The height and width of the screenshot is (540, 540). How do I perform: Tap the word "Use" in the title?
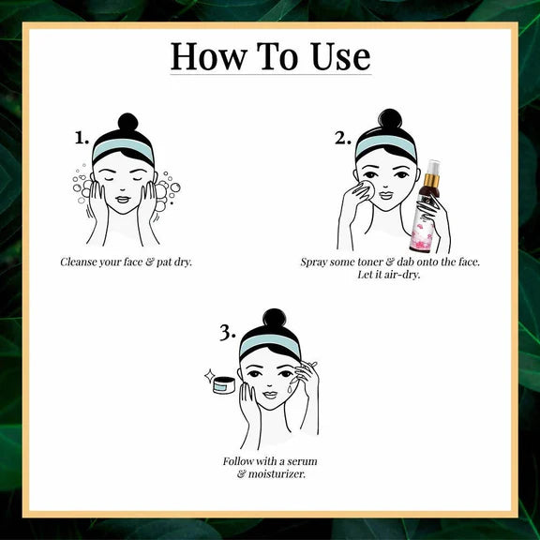[x=341, y=56]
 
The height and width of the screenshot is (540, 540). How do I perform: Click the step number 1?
[x=82, y=138]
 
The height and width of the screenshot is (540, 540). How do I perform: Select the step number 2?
[x=343, y=139]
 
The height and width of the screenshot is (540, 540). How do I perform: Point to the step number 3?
[x=228, y=333]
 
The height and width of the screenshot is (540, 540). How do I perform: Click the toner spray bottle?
[x=425, y=206]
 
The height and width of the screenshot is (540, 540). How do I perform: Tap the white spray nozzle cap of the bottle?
[x=432, y=168]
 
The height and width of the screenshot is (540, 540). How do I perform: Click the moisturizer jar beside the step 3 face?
[x=224, y=384]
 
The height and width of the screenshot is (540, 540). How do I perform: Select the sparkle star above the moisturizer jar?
[x=209, y=376]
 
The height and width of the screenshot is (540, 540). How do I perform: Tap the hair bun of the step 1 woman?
[x=127, y=122]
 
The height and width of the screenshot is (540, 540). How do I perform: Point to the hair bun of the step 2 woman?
[x=390, y=118]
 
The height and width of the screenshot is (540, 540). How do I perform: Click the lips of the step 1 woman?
[x=123, y=200]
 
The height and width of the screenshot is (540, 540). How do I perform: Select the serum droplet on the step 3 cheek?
[x=290, y=389]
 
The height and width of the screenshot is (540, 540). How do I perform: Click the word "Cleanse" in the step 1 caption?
[x=78, y=262]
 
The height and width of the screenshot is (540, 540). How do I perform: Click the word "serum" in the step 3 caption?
[x=302, y=461]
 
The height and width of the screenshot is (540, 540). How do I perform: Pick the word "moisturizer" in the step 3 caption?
[x=277, y=474]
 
